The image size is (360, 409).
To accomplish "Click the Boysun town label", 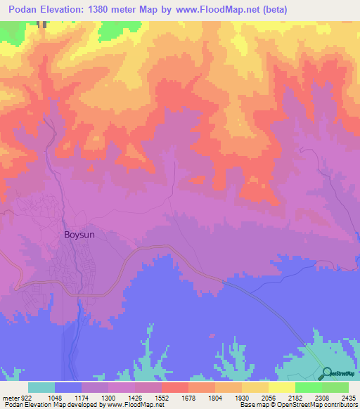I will click(79, 236).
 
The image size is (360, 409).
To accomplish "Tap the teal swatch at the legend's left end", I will click(41, 387).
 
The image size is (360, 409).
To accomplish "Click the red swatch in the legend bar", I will click(174, 387).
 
